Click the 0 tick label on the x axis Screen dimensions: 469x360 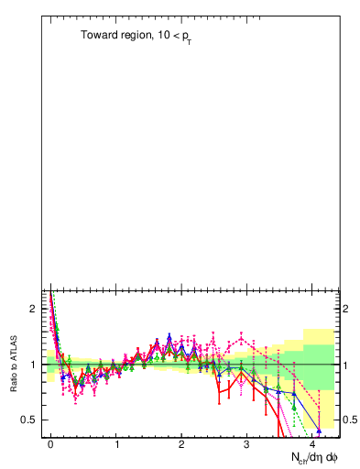[x=51, y=444]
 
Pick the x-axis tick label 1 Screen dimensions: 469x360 [x=117, y=444]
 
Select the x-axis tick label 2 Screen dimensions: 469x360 [x=182, y=444]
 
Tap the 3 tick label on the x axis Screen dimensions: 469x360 [x=247, y=444]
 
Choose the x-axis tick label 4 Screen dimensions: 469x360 [x=313, y=444]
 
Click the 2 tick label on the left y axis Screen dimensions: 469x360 [x=32, y=309]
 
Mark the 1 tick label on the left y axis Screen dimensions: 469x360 [x=32, y=365]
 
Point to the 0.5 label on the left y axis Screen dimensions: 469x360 [x=27, y=420]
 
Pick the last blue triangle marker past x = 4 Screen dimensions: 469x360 [x=319, y=430]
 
